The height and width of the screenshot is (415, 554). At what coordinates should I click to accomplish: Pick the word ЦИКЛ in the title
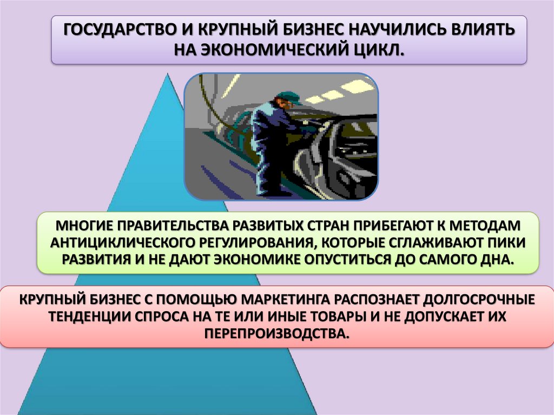click(379, 50)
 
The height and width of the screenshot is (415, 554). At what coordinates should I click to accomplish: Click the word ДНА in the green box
click(494, 258)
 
